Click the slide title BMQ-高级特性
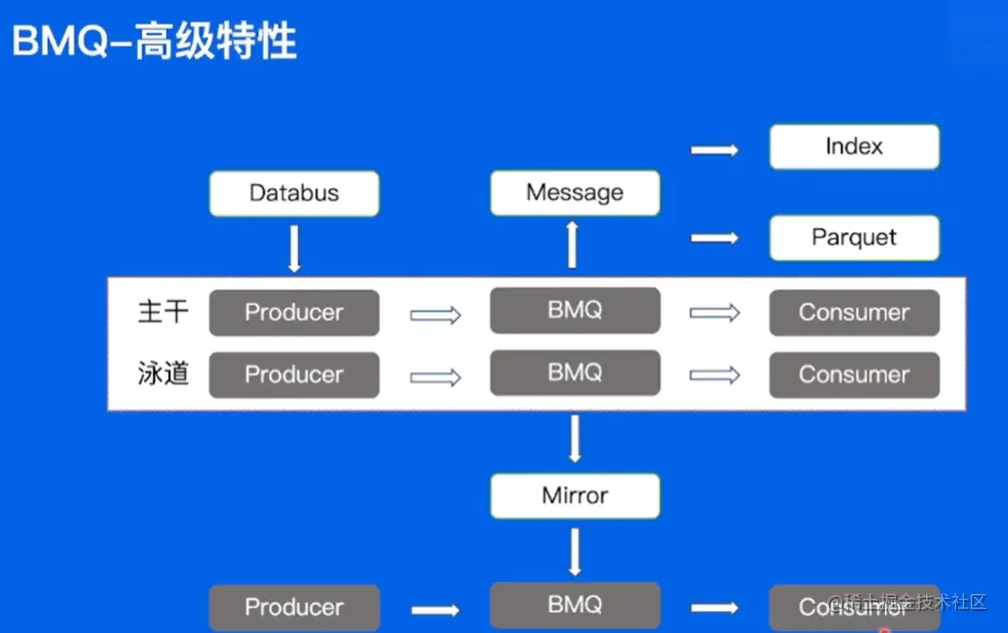click(154, 43)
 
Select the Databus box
click(294, 194)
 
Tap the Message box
click(574, 193)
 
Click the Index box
click(854, 147)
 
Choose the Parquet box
click(854, 238)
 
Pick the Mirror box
click(574, 495)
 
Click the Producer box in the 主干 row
click(294, 313)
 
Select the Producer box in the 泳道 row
click(294, 374)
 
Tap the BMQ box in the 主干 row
click(574, 311)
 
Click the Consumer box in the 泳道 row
click(854, 374)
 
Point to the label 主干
click(163, 312)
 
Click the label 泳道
click(163, 374)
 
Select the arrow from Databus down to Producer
click(294, 248)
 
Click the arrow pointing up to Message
click(572, 246)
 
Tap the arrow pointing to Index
click(714, 150)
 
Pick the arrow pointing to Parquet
click(714, 238)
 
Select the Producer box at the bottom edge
click(294, 607)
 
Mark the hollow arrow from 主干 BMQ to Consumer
click(714, 314)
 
